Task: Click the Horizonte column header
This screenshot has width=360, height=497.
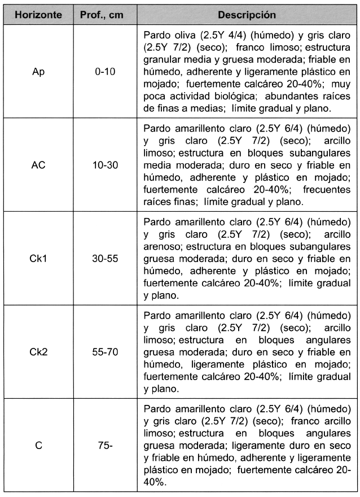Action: point(38,12)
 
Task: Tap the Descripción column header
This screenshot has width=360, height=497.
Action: point(247,12)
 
